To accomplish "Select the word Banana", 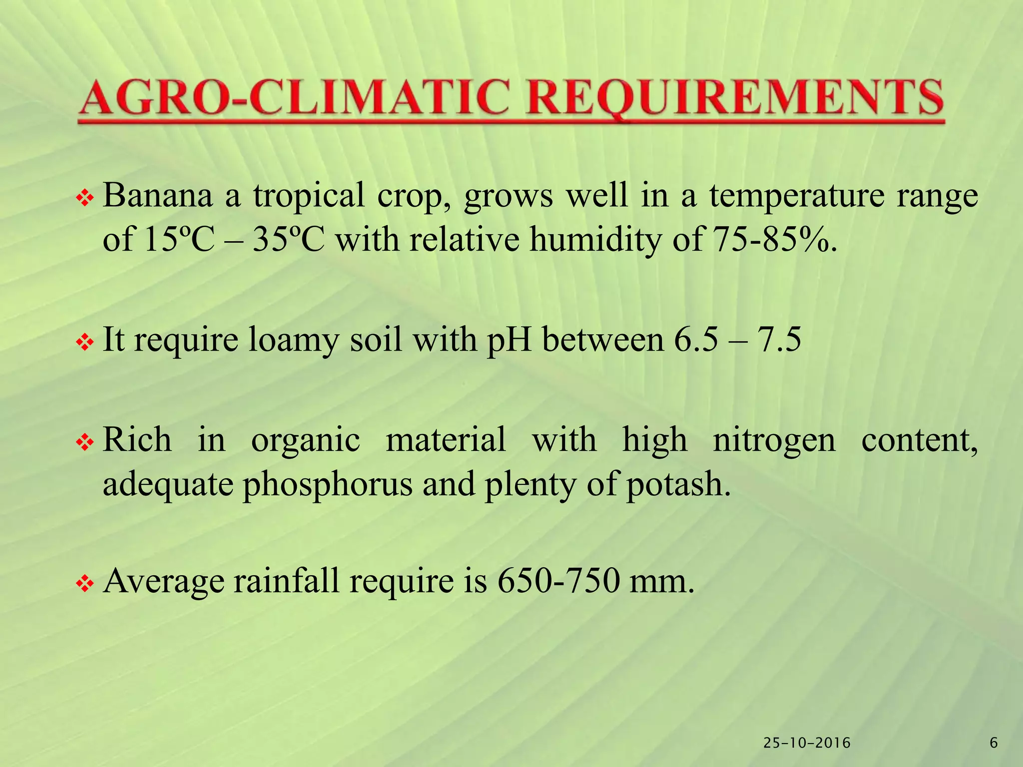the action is click(x=158, y=195).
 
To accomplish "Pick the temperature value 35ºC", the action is click(x=289, y=240).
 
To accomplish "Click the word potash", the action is click(x=678, y=484).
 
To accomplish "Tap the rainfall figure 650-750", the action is click(x=558, y=581).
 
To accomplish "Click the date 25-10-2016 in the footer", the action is click(x=807, y=743).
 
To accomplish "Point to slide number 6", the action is click(x=994, y=743).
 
